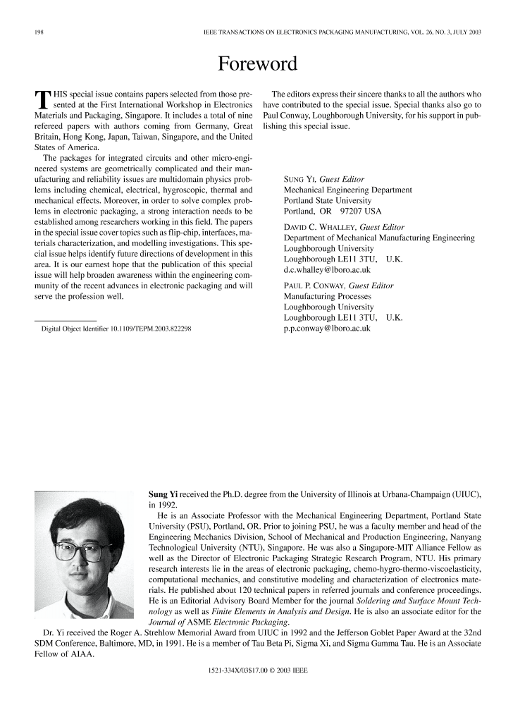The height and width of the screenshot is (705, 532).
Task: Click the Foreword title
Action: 258,64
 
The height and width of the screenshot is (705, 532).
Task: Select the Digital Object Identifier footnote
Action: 117,329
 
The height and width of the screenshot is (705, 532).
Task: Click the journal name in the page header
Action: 341,33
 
